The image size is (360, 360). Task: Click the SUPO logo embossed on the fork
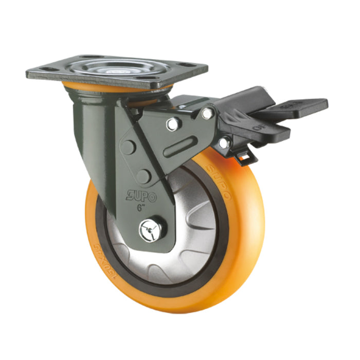point(139,196)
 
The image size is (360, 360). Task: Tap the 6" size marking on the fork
point(139,208)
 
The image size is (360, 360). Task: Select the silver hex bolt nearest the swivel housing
point(174,123)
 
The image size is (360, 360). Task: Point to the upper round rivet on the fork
point(128,147)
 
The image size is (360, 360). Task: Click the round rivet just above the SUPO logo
point(143,176)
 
